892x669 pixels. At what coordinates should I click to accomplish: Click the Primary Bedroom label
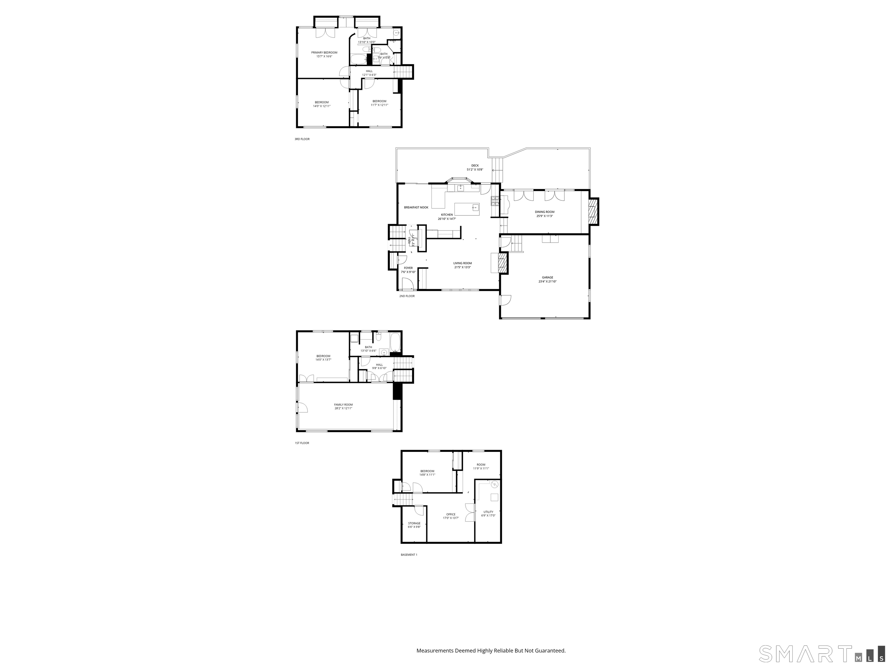point(324,53)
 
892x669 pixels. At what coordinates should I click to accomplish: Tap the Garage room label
point(547,277)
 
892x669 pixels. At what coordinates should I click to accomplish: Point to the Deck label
point(475,165)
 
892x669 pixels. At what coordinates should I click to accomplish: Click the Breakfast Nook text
point(416,208)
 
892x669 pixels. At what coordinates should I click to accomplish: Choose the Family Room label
point(343,404)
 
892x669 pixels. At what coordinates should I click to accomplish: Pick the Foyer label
point(408,268)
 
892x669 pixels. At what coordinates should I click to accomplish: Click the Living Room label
point(463,263)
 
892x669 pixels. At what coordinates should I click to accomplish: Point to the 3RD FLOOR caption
point(302,139)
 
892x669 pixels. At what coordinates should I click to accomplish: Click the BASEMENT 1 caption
point(409,555)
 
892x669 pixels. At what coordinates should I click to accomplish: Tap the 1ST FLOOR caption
point(302,443)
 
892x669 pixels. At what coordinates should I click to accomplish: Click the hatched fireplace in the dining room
point(592,212)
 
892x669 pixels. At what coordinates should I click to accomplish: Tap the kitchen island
point(467,210)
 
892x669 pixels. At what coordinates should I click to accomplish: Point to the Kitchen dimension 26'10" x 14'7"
point(447,219)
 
